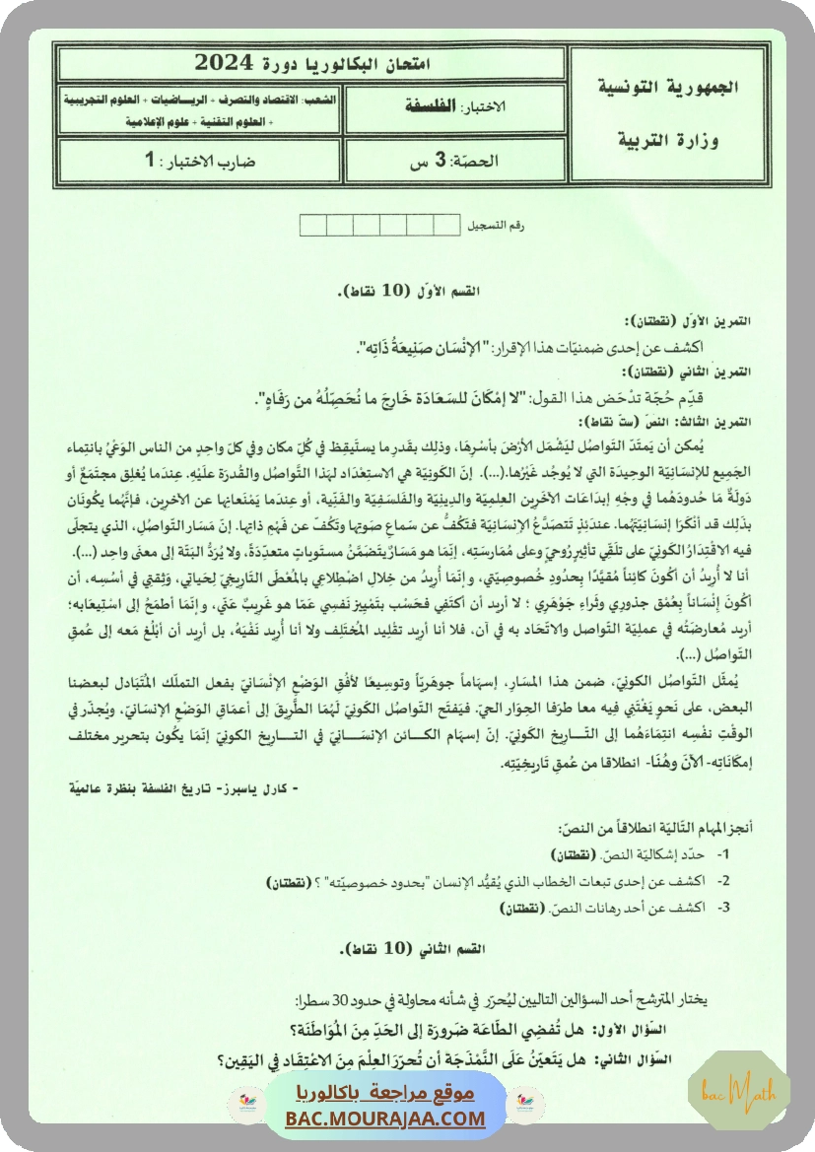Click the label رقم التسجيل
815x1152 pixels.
pyautogui.click(x=499, y=226)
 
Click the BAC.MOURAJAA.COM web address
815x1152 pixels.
pyautogui.click(x=386, y=1118)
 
